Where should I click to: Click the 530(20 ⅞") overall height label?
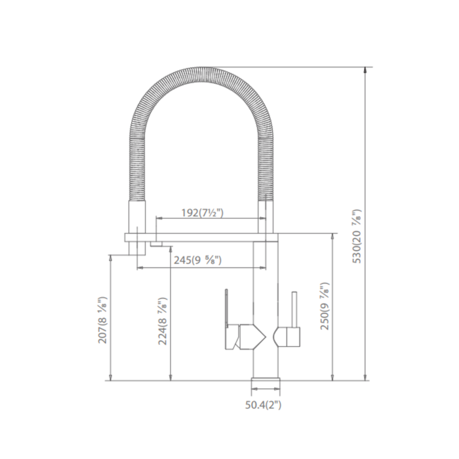click(x=357, y=237)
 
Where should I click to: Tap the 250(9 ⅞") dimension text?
click(x=325, y=306)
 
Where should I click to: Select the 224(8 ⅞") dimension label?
click(x=163, y=321)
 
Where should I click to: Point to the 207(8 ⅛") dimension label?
click(x=103, y=320)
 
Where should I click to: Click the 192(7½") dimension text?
click(x=202, y=213)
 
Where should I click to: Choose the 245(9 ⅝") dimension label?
click(x=197, y=260)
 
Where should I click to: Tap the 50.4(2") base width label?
click(x=263, y=405)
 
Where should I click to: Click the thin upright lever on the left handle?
click(x=226, y=309)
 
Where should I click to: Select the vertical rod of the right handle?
click(x=294, y=309)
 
